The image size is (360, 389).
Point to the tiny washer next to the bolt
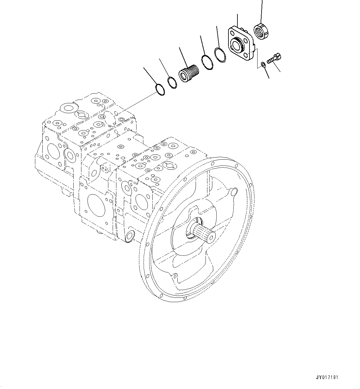click(x=263, y=64)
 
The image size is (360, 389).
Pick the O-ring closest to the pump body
click(x=159, y=89)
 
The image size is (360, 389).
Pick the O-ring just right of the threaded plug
click(x=207, y=62)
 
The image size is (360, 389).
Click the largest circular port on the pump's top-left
click(x=67, y=108)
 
